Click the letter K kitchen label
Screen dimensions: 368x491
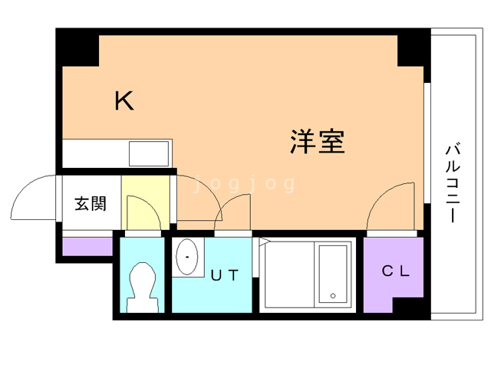(x=124, y=100)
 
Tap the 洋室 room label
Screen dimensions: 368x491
(x=317, y=141)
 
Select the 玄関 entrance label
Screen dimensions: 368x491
(x=90, y=204)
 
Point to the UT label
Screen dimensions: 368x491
(x=225, y=274)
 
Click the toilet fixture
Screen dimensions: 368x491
(x=142, y=285)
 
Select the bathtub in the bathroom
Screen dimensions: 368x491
(x=333, y=274)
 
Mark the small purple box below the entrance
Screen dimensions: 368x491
(x=87, y=247)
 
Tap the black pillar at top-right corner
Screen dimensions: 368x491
(x=413, y=48)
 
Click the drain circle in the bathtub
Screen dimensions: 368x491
(x=332, y=296)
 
